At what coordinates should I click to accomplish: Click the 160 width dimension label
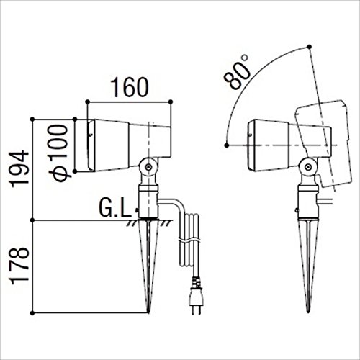click(x=130, y=87)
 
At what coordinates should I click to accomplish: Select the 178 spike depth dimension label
click(x=19, y=266)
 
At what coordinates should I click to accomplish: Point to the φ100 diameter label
click(x=58, y=153)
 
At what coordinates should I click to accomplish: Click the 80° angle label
click(x=236, y=72)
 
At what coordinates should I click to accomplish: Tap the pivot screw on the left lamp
click(x=149, y=166)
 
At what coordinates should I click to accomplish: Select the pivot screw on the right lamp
click(x=307, y=166)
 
